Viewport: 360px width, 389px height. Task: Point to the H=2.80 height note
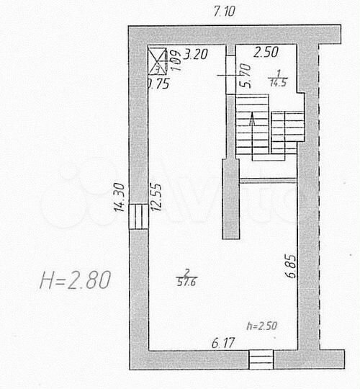click(75, 279)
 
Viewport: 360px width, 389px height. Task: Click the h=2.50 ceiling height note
click(261, 326)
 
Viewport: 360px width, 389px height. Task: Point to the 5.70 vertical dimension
click(245, 75)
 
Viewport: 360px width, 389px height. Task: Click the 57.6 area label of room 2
click(188, 280)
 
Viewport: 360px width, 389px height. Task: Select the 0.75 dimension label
click(158, 83)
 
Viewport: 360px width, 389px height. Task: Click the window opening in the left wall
click(138, 215)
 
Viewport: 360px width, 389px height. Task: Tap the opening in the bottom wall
click(261, 358)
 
